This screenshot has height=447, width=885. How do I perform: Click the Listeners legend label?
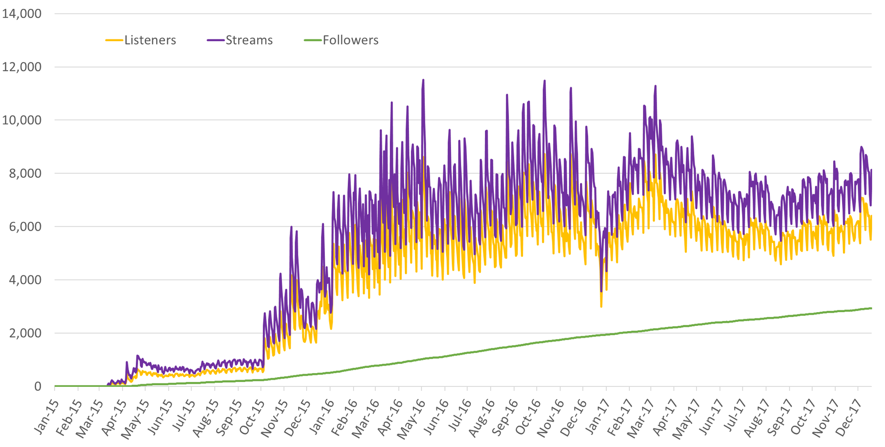(150, 40)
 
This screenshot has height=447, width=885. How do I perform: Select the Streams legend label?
(249, 40)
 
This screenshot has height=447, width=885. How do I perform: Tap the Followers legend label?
(350, 40)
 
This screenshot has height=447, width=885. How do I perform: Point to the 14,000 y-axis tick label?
(22, 14)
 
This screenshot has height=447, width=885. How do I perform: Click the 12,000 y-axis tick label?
(22, 67)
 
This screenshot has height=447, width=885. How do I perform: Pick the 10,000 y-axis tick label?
(22, 120)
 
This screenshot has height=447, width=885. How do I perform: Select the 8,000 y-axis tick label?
(25, 174)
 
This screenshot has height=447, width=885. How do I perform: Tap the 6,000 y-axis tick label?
(25, 227)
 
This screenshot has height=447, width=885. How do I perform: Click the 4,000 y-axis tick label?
(25, 280)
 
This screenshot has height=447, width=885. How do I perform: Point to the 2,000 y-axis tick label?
(25, 333)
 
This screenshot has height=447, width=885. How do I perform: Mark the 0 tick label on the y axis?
(38, 386)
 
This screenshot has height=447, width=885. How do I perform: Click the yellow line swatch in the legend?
(114, 40)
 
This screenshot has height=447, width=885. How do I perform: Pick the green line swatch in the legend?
(312, 40)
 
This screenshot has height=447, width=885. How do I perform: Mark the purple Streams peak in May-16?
(423, 80)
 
